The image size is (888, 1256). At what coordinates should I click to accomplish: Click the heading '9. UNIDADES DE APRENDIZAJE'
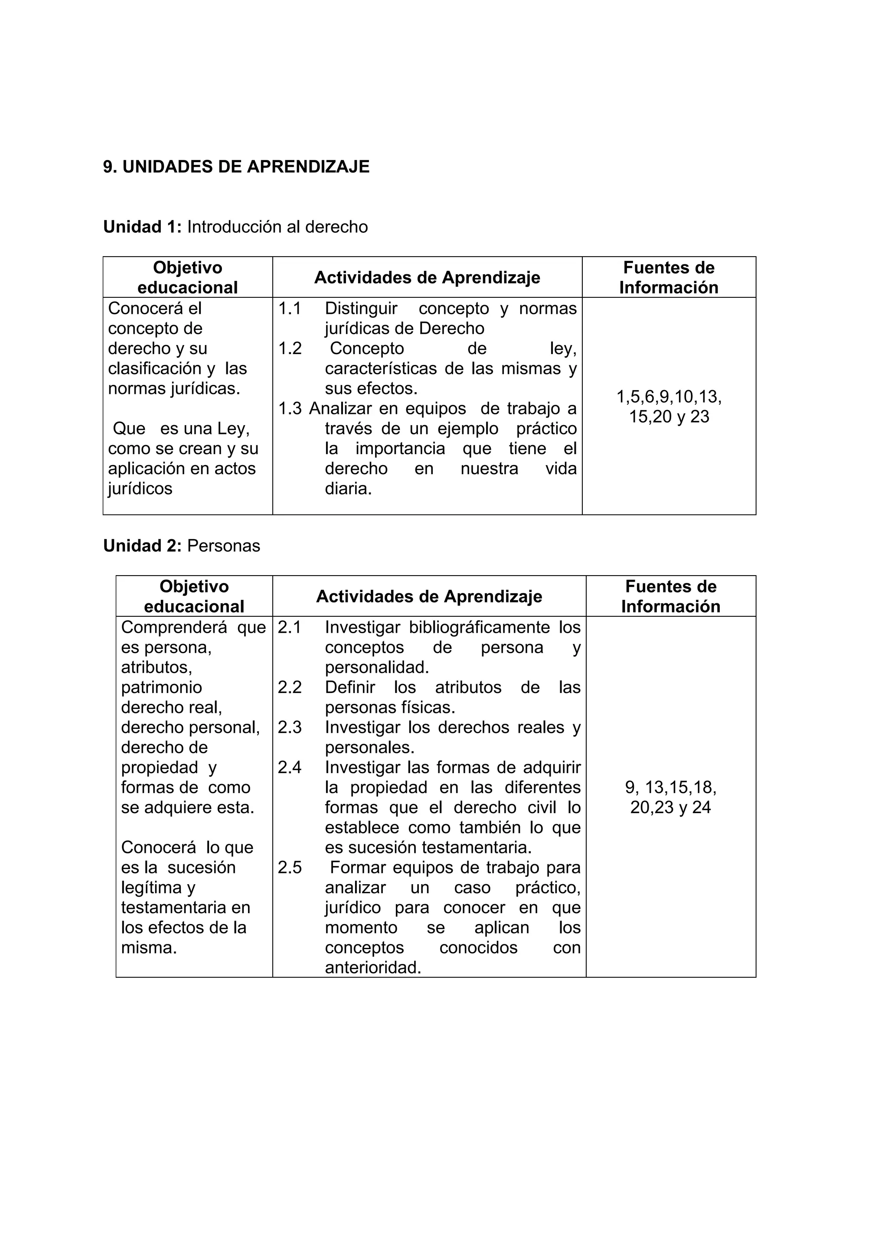(236, 167)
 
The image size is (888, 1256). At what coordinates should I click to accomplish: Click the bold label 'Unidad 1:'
(142, 227)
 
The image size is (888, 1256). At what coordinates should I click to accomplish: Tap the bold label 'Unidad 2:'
(142, 546)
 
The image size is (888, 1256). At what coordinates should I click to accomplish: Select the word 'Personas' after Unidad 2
(223, 546)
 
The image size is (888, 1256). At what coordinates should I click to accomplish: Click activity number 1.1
(290, 309)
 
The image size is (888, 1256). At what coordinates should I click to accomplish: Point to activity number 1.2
(290, 348)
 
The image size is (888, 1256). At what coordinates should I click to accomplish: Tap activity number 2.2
(290, 688)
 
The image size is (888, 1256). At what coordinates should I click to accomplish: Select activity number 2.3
(290, 728)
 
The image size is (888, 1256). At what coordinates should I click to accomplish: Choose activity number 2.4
(290, 768)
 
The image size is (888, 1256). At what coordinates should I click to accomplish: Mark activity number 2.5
(290, 868)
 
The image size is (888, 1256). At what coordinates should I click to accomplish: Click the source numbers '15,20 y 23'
(669, 417)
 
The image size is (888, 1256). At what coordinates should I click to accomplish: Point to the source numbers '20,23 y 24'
(670, 807)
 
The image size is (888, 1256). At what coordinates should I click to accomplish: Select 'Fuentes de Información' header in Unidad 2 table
(670, 596)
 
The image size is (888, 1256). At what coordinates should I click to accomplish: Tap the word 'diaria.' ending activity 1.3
(348, 488)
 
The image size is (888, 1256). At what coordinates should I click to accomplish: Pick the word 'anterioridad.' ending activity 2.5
(372, 968)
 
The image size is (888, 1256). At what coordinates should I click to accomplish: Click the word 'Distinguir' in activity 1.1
(361, 309)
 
